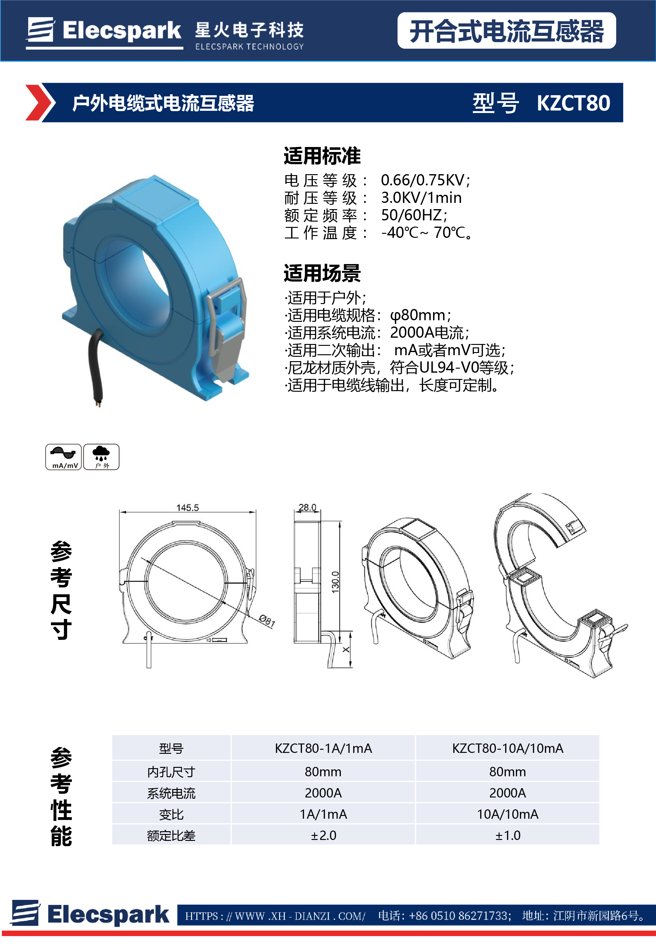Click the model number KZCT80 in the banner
click(x=573, y=103)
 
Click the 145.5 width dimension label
click(x=187, y=508)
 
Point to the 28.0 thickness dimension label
click(x=308, y=508)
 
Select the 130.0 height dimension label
click(x=335, y=582)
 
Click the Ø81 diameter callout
click(x=267, y=621)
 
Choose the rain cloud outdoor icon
click(x=101, y=457)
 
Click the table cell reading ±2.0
click(x=323, y=835)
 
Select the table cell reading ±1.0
click(x=508, y=835)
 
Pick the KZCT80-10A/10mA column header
click(x=508, y=748)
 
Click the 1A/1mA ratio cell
click(x=323, y=814)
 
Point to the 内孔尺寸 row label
click(x=171, y=772)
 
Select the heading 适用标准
click(x=322, y=156)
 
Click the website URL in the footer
click(x=275, y=916)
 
